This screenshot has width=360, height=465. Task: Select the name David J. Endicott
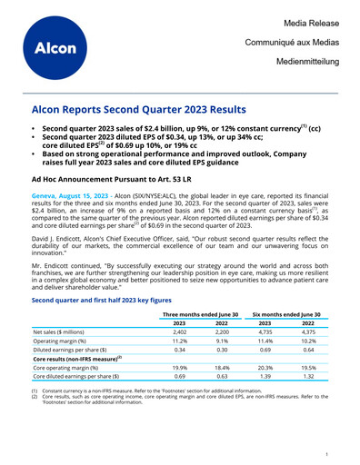tap(61, 241)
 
